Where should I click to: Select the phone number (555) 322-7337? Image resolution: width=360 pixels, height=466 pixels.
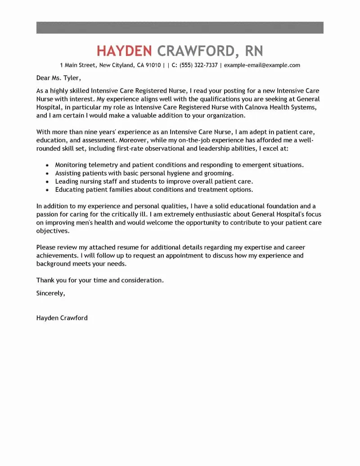click(x=198, y=65)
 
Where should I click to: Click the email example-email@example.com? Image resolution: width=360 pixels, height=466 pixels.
click(x=262, y=65)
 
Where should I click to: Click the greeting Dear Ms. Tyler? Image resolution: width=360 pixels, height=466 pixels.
click(x=59, y=77)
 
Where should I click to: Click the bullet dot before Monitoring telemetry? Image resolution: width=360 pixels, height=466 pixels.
click(x=47, y=165)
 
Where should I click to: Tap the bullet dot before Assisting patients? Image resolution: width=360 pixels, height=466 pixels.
click(x=47, y=173)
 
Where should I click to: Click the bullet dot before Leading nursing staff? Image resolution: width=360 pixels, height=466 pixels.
click(x=47, y=181)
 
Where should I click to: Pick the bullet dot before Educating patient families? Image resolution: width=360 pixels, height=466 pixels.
click(x=47, y=190)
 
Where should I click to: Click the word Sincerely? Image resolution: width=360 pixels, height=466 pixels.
click(x=51, y=293)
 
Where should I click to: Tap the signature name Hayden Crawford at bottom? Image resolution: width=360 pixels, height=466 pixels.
click(x=62, y=318)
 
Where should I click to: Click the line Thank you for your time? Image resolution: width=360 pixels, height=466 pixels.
click(x=100, y=280)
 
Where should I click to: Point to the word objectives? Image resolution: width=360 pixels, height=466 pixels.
click(x=53, y=231)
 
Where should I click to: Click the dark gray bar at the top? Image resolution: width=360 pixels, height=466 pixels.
click(x=180, y=27)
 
